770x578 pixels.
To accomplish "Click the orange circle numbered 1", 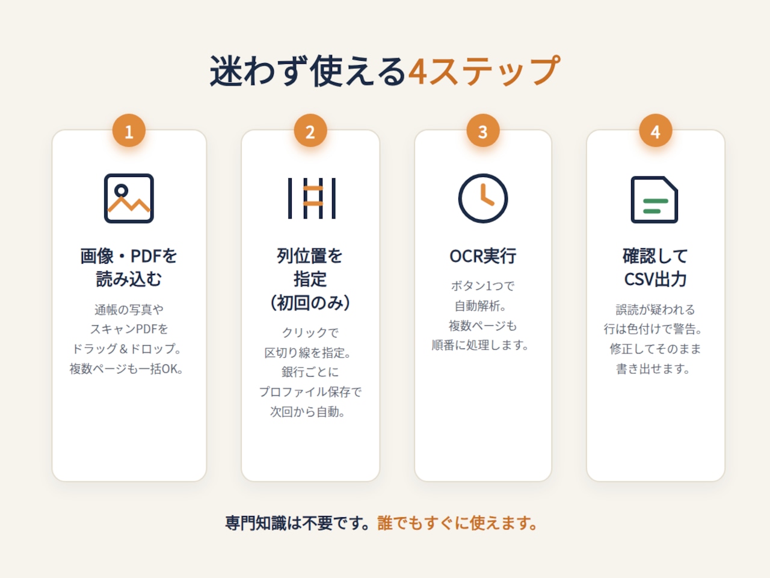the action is pyautogui.click(x=129, y=131).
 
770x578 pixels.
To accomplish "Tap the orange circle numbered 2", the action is pyautogui.click(x=310, y=131).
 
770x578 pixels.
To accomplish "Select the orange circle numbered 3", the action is pyautogui.click(x=483, y=131).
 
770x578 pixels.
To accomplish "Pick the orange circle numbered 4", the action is pyautogui.click(x=655, y=131).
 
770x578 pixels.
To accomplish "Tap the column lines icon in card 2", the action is pyautogui.click(x=290, y=198).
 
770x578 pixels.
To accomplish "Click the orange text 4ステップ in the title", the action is pyautogui.click(x=484, y=71).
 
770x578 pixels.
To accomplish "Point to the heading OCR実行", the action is pyautogui.click(x=482, y=256).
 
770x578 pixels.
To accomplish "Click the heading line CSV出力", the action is pyautogui.click(x=655, y=279).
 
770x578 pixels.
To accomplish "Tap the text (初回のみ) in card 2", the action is pyautogui.click(x=310, y=302).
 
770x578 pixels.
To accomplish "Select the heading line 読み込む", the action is pyautogui.click(x=129, y=279).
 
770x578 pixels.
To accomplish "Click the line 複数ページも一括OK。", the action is pyautogui.click(x=126, y=369).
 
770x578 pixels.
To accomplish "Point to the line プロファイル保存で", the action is pyautogui.click(x=310, y=391).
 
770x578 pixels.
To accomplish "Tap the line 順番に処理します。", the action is pyautogui.click(x=480, y=346).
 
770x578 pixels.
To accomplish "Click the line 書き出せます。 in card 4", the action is pyautogui.click(x=653, y=369).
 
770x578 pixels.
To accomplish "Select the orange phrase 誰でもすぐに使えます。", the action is pyautogui.click(x=457, y=523).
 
